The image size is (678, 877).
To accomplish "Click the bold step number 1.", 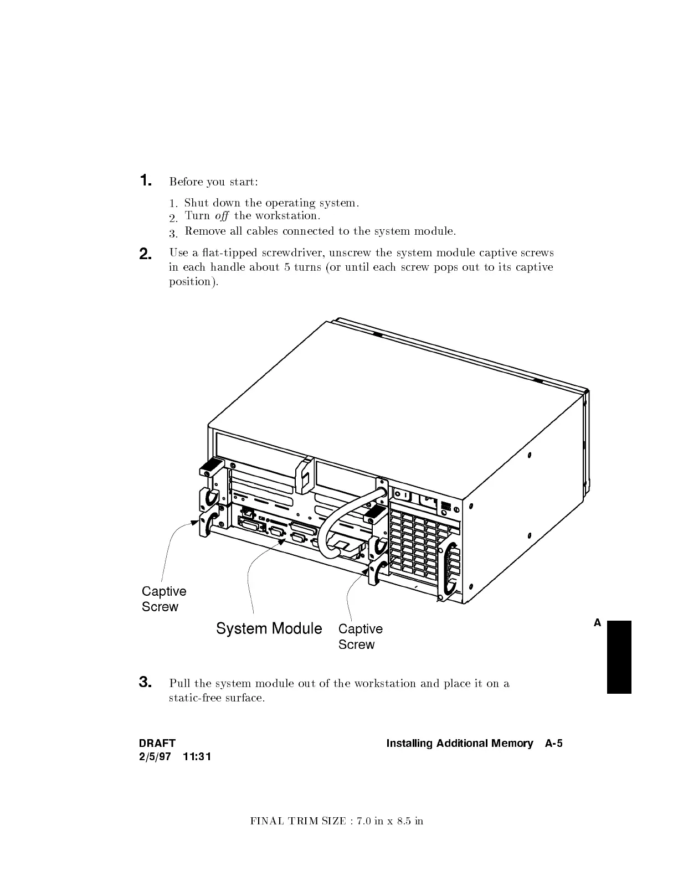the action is coord(145,180).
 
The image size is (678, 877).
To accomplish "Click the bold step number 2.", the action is coord(145,254).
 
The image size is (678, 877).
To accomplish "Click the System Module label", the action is coord(269,628).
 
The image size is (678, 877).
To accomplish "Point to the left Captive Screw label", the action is coord(163,599).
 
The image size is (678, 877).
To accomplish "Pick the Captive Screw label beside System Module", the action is coord(360,637).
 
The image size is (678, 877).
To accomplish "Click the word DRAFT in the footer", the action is coord(157,744).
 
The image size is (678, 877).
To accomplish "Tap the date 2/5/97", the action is coord(155,757).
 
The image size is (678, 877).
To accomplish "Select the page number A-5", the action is coord(553,744).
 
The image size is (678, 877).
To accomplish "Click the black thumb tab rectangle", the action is coord(619,657).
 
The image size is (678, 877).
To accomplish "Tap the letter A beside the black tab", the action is coord(597,623).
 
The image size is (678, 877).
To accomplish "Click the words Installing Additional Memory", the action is coord(459,744).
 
